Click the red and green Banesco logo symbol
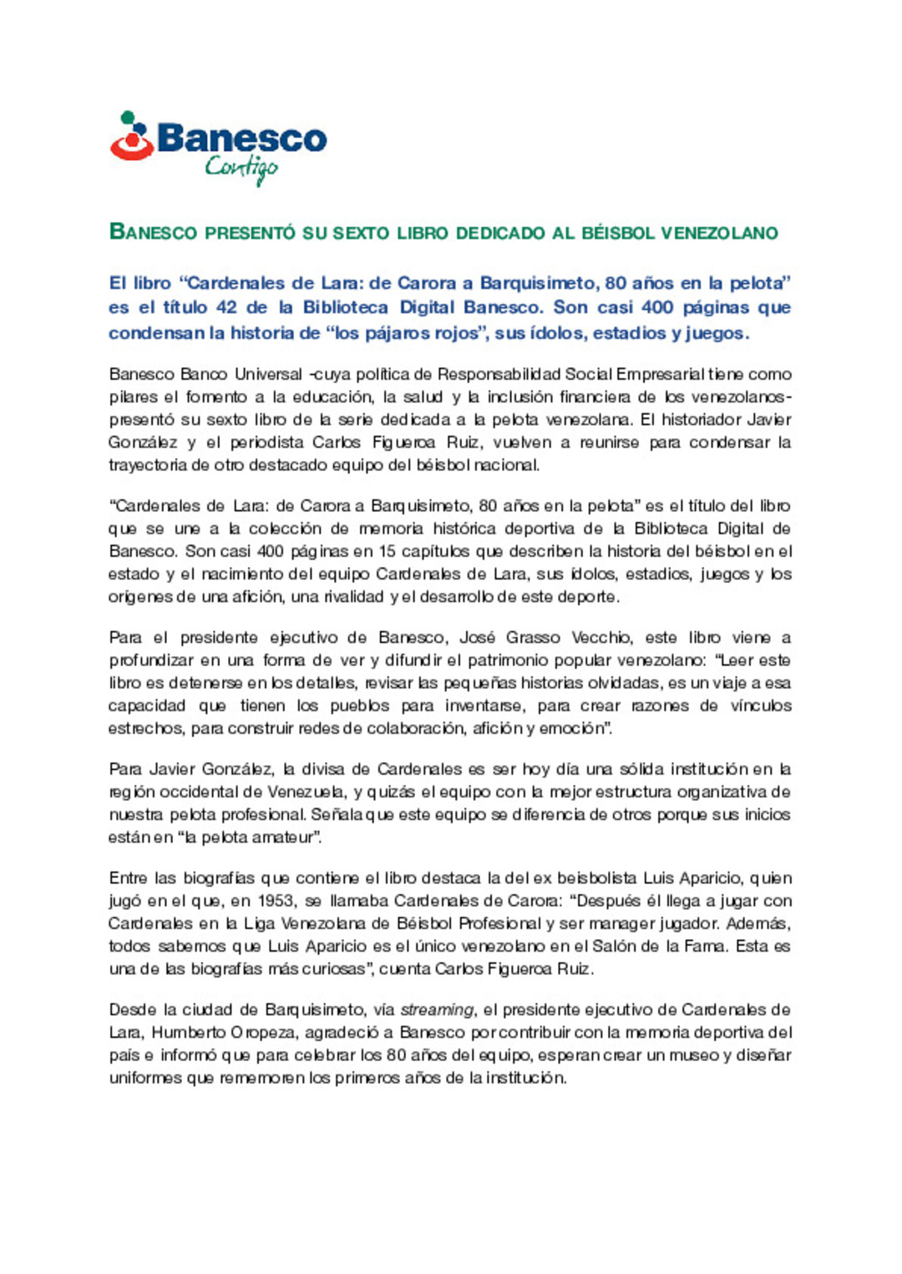132,137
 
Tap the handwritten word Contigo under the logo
241,169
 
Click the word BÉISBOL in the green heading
617,233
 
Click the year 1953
277,901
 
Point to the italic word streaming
437,1010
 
